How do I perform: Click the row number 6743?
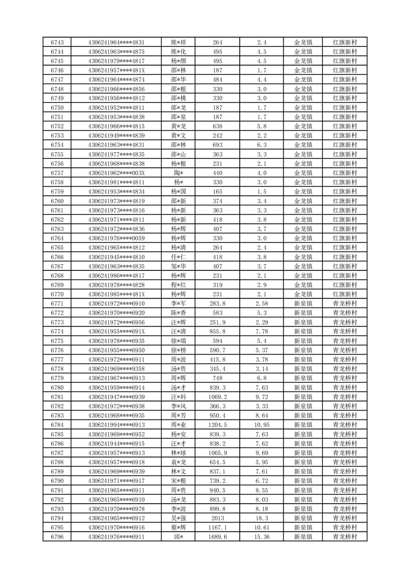pos(57,42)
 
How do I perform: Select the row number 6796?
pos(57,537)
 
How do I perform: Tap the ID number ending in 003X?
pos(116,173)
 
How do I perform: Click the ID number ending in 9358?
pos(116,369)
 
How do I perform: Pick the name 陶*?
pos(178,173)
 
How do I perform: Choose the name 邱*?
pos(178,537)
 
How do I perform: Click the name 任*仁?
pos(178,257)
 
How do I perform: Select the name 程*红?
pos(178,285)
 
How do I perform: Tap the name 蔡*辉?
pos(178,527)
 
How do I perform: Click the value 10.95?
pos(261,425)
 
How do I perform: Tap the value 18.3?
pos(261,518)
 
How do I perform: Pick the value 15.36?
pos(261,537)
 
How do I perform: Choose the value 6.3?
pos(261,145)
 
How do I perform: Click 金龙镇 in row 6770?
pos(303,294)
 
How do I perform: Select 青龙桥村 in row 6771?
pos(344,303)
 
